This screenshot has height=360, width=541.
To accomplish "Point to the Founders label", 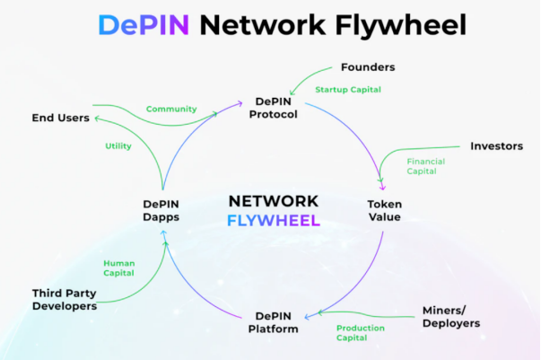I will (x=368, y=67).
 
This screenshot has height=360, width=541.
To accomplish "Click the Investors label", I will (x=497, y=145).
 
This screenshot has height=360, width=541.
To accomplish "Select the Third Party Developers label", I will (x=64, y=299).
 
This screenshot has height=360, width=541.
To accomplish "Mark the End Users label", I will (x=60, y=117).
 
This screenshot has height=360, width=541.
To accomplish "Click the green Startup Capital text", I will (x=348, y=89).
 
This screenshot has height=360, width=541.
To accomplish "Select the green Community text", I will (x=170, y=109).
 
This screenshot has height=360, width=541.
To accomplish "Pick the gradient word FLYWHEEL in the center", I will (x=273, y=220).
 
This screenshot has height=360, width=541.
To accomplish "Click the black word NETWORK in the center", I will (x=273, y=200).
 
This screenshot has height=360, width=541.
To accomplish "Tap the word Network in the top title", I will (x=265, y=24).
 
